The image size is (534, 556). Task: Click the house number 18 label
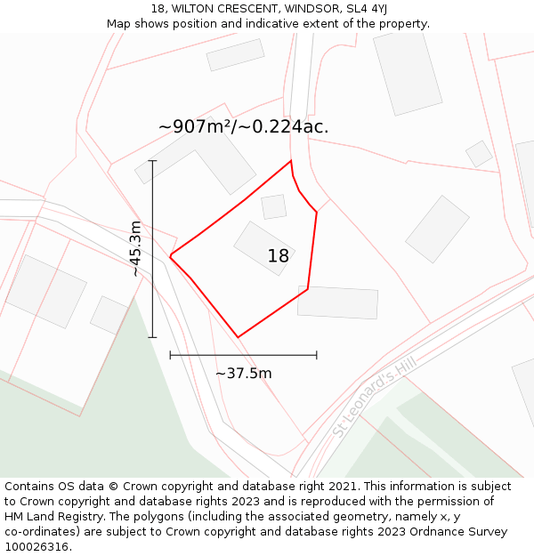[279, 256]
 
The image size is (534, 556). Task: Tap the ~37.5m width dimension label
[244, 374]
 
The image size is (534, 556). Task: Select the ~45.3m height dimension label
[135, 249]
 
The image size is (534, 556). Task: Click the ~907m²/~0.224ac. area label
[244, 126]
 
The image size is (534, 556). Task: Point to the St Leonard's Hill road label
[375, 397]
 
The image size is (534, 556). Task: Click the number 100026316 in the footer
[36, 547]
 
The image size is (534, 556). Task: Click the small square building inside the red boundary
[274, 206]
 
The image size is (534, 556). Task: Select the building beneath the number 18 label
[263, 247]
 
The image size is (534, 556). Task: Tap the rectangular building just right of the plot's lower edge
[338, 302]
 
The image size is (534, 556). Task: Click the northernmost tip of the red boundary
[291, 161]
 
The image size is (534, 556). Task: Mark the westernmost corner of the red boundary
[170, 256]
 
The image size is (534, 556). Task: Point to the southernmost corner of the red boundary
[238, 337]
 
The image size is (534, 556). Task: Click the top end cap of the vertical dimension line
[153, 161]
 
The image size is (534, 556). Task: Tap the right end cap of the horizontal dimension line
[317, 355]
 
